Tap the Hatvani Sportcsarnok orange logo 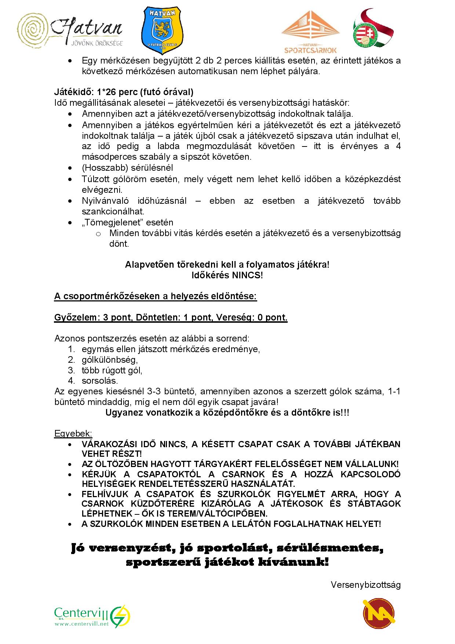click(310, 32)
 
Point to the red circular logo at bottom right click(379, 614)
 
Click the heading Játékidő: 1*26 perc click(124, 92)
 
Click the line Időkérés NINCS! click(227, 275)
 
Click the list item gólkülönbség click(110, 359)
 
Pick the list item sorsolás click(100, 381)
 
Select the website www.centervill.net click(82, 624)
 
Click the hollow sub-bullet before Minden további click(98, 234)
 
